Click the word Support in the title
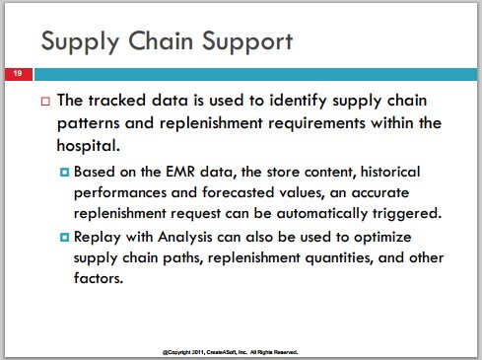(x=247, y=42)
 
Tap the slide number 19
(x=18, y=73)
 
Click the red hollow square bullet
(x=45, y=101)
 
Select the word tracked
(x=117, y=100)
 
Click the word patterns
(x=89, y=124)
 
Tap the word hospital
(x=88, y=146)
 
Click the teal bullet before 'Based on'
(x=65, y=172)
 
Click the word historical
(x=390, y=172)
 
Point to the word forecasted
(x=239, y=192)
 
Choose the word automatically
(x=321, y=214)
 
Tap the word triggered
(x=407, y=214)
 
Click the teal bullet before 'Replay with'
(x=65, y=237)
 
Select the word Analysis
(x=185, y=238)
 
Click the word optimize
(x=382, y=238)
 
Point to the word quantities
(x=339, y=258)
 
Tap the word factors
(x=99, y=278)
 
